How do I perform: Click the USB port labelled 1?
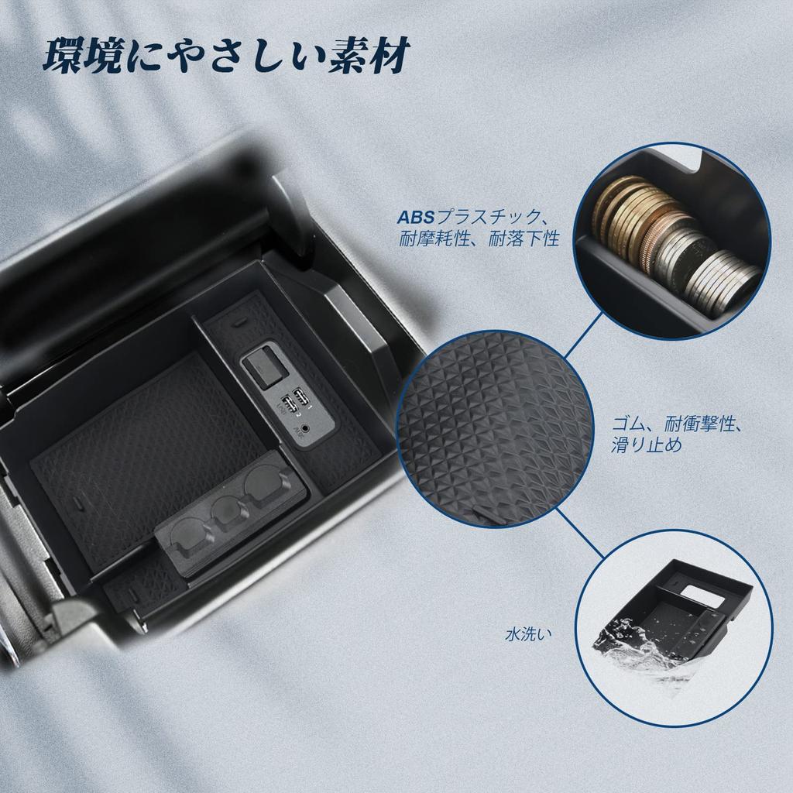coord(300,397)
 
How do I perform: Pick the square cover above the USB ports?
coord(262,367)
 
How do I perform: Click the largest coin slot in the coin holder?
coord(262,487)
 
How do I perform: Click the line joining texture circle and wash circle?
coord(579,532)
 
